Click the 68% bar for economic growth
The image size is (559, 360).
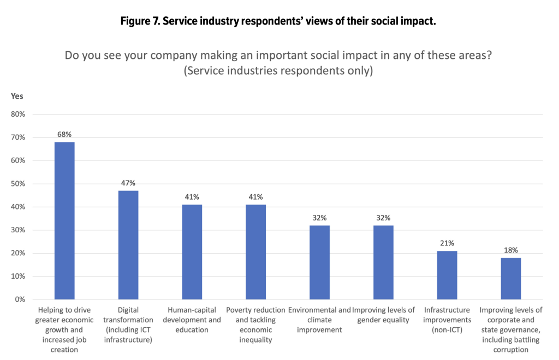[64, 221]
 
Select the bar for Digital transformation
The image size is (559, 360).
[128, 245]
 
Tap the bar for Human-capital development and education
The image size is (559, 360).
[192, 252]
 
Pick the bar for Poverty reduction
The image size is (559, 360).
[255, 252]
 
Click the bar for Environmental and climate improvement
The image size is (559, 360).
[319, 262]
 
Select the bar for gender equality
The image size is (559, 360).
[383, 262]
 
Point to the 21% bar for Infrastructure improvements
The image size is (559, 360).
[447, 275]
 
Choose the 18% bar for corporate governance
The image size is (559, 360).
[510, 279]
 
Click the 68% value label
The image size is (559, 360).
[64, 134]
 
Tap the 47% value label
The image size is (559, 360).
[128, 183]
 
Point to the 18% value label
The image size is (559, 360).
[510, 250]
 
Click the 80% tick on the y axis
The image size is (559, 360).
[19, 115]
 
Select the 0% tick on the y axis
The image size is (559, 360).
[20, 299]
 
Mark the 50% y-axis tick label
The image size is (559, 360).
[19, 184]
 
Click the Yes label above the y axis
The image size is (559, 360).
[17, 96]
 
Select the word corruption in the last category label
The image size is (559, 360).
[510, 350]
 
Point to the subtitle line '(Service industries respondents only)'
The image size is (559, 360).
[279, 71]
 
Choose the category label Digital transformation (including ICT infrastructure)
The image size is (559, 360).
[128, 325]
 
